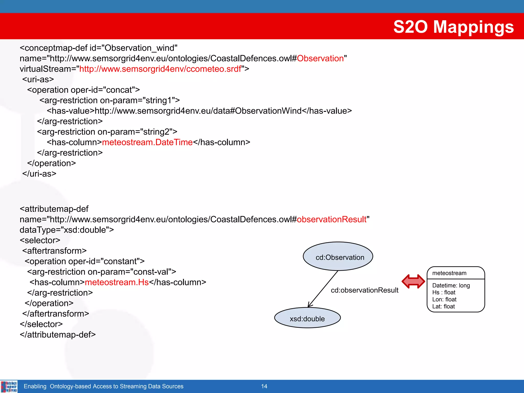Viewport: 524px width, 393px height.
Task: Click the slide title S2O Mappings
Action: coord(453,27)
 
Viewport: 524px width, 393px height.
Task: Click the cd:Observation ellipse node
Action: coord(338,257)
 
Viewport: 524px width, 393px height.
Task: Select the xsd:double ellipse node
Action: coord(307,318)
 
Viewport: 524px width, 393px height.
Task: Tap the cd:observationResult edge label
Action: coord(364,290)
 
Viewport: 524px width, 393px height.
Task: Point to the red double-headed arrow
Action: coord(413,281)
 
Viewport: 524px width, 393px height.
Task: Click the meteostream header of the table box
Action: coord(449,273)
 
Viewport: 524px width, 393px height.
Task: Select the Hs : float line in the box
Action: coord(444,292)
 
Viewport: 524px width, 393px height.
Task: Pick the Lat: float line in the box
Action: coord(443,307)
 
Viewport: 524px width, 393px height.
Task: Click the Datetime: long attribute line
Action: coord(451,286)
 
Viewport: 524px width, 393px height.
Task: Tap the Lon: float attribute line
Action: coord(444,299)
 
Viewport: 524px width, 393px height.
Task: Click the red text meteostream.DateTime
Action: coord(147,142)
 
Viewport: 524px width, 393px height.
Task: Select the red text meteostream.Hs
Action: coord(117,282)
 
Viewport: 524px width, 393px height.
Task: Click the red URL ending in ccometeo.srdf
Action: coord(160,69)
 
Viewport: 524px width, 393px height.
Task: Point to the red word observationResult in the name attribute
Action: coord(332,220)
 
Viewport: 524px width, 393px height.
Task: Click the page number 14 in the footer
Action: coord(264,386)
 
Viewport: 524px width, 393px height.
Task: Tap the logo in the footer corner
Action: coord(9,386)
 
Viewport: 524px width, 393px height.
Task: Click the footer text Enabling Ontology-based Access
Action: coord(103,386)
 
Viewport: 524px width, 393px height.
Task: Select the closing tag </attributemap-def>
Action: coord(58,335)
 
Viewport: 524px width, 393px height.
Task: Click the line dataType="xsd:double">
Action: coord(67,230)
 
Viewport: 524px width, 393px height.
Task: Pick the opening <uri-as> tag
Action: coord(38,80)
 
